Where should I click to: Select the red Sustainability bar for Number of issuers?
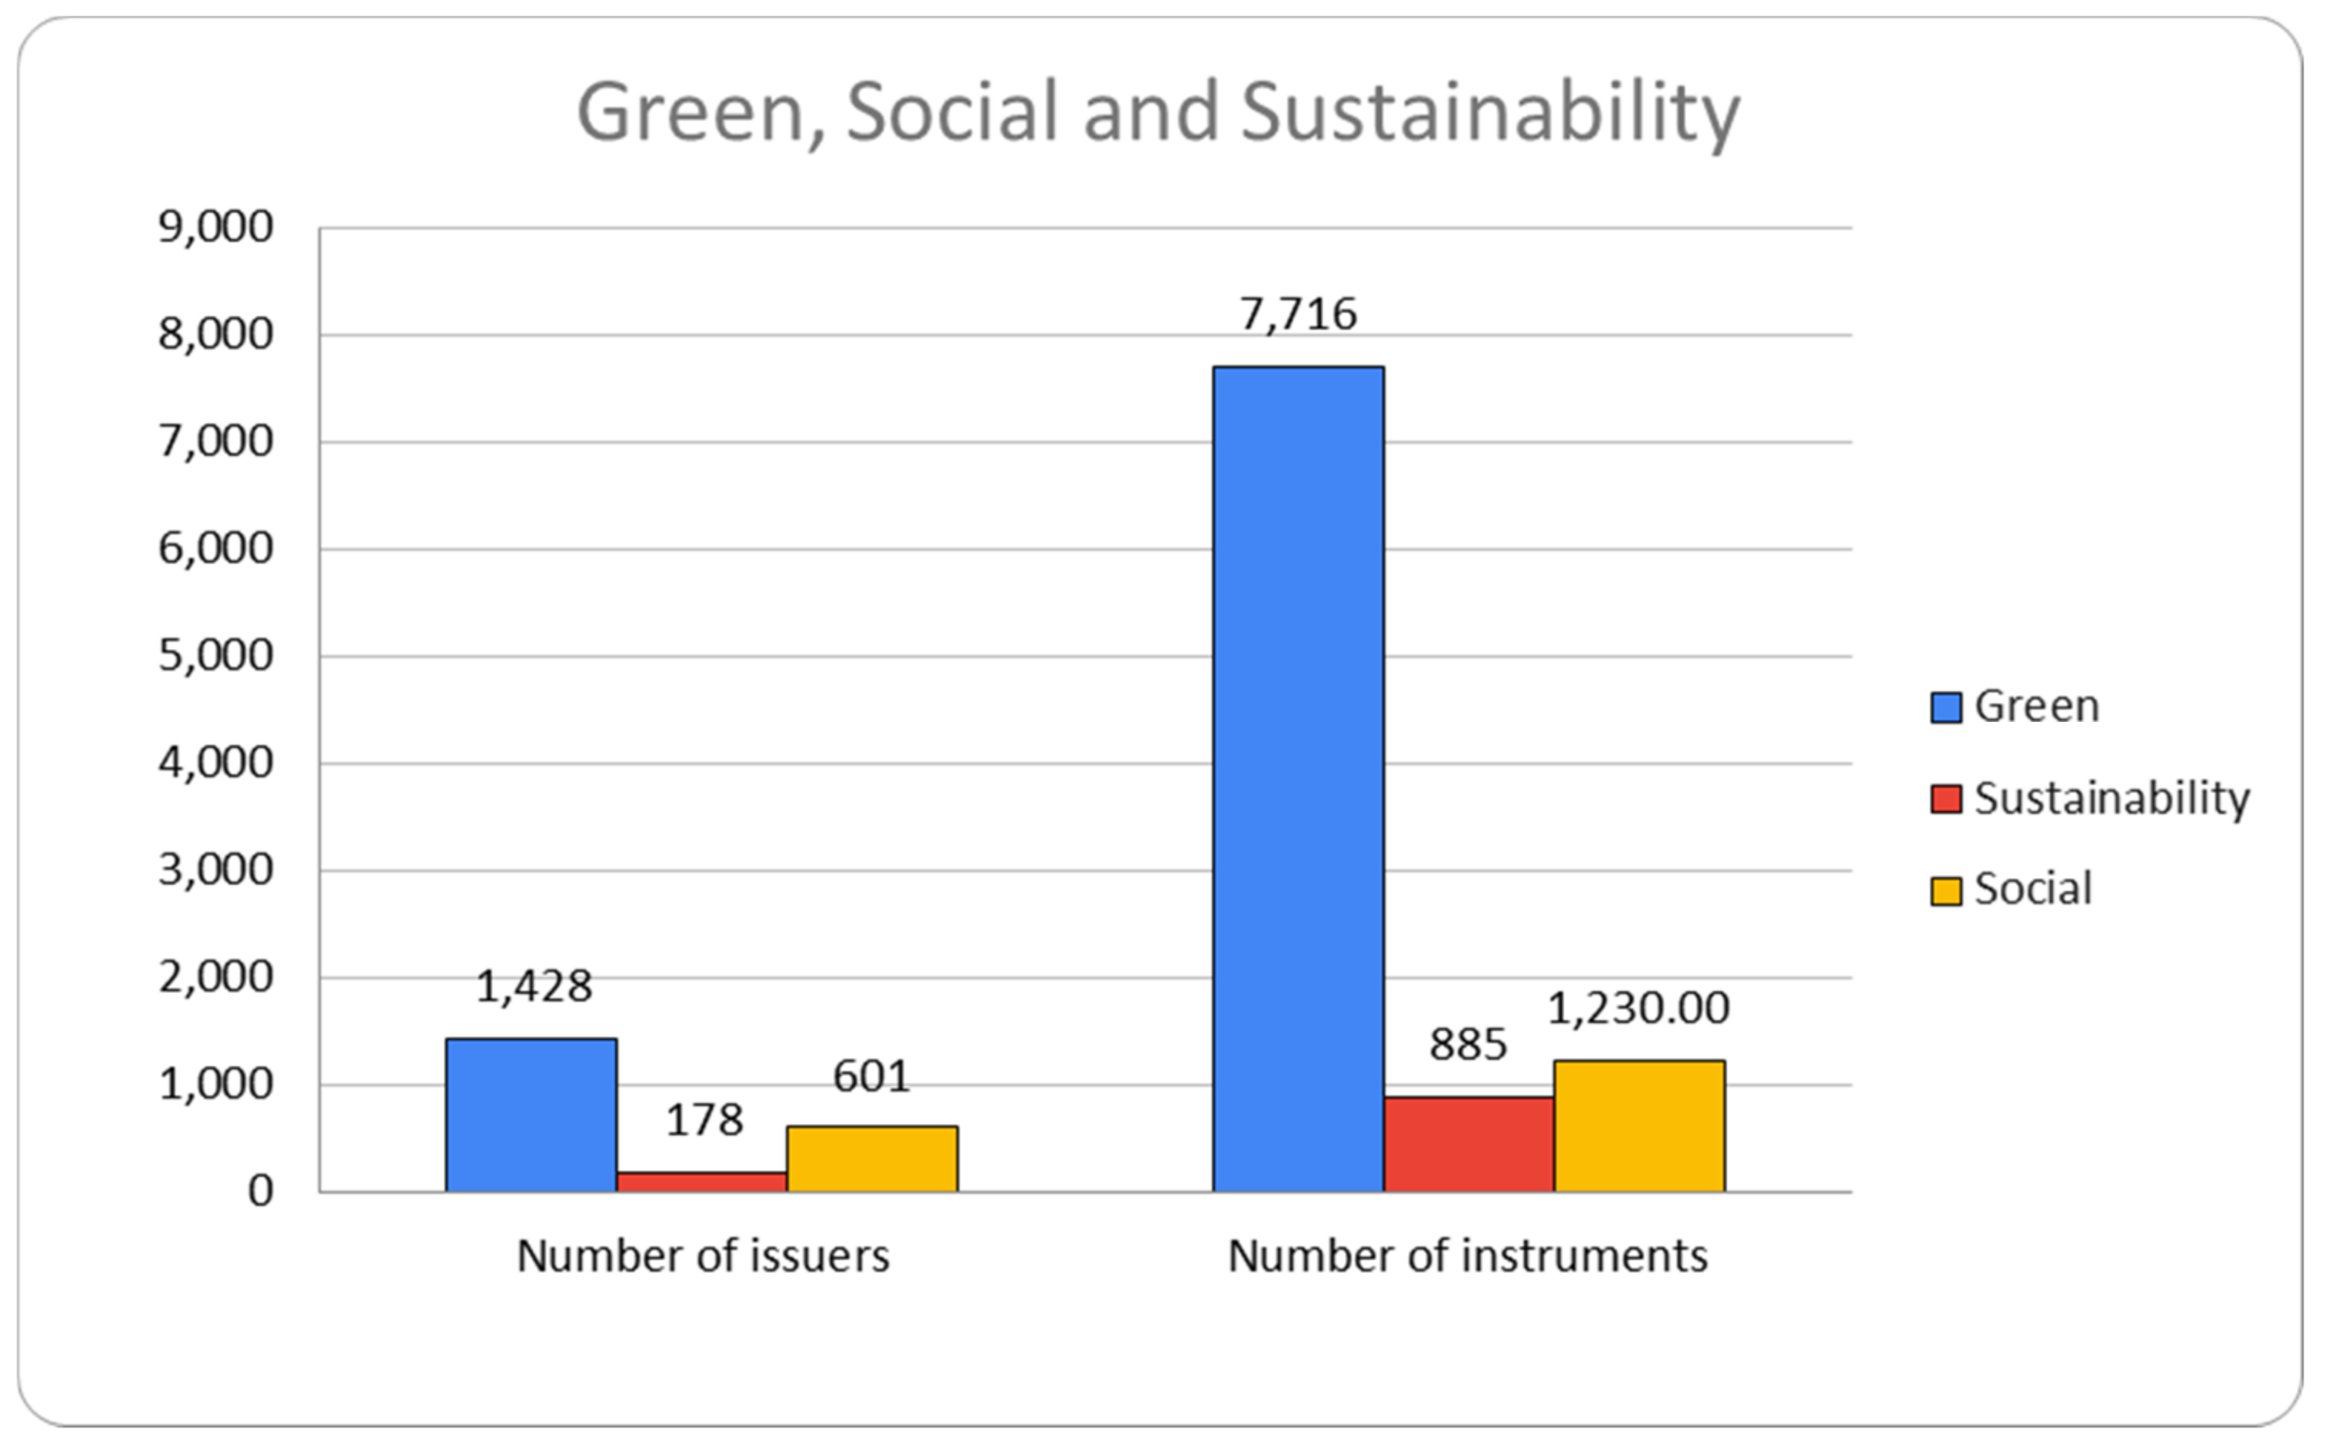pyautogui.click(x=701, y=1182)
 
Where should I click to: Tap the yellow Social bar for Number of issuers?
pyautogui.click(x=872, y=1158)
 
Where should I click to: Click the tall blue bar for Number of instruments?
pyautogui.click(x=1298, y=779)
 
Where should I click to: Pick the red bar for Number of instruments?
pyautogui.click(x=1468, y=1144)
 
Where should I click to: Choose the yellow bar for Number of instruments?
pyautogui.click(x=1639, y=1125)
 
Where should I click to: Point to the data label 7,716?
pyautogui.click(x=1298, y=314)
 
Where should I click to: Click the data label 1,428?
pyautogui.click(x=534, y=986)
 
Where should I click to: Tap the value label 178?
pyautogui.click(x=704, y=1120)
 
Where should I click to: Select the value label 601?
pyautogui.click(x=871, y=1076)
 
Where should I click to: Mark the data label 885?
pyautogui.click(x=1468, y=1044)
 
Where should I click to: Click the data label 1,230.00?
pyautogui.click(x=1639, y=1008)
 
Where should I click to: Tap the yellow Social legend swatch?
pyautogui.click(x=1946, y=890)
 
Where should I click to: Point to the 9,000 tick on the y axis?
pyautogui.click(x=215, y=228)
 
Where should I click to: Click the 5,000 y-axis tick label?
pyautogui.click(x=215, y=656)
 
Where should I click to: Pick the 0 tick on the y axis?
pyautogui.click(x=260, y=1192)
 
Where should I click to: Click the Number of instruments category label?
pyautogui.click(x=1467, y=1255)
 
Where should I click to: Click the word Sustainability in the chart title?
pyautogui.click(x=1489, y=112)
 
